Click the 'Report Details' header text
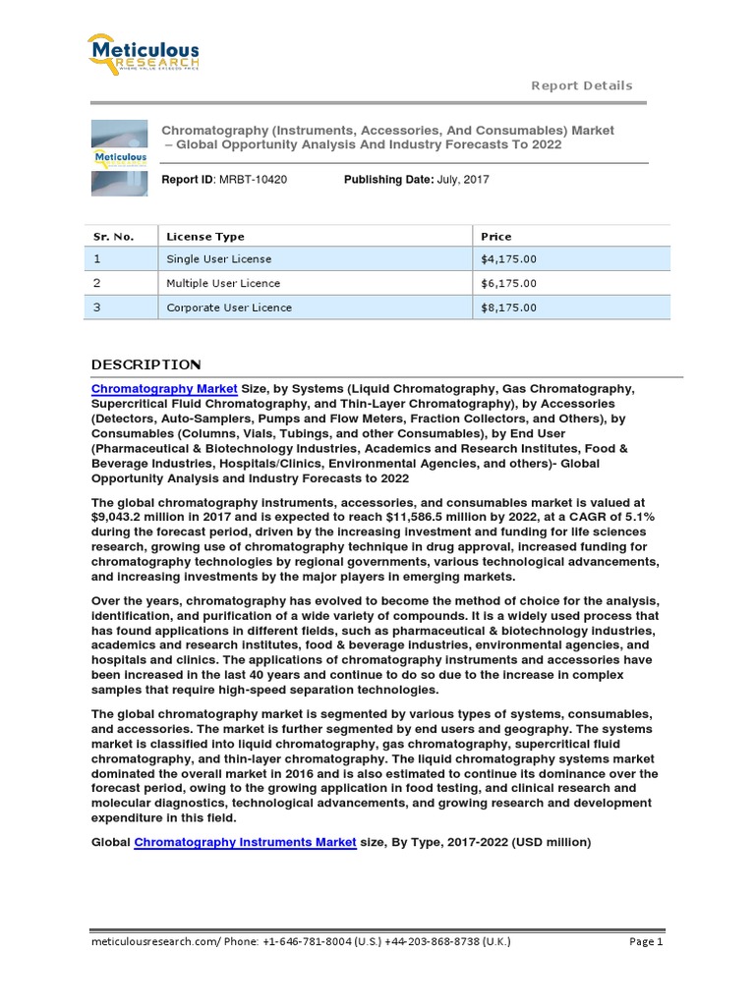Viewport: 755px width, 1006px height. click(x=581, y=85)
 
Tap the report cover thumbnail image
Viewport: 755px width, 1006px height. click(x=119, y=158)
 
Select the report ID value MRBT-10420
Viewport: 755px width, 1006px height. click(x=253, y=180)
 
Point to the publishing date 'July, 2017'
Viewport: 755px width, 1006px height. click(x=461, y=180)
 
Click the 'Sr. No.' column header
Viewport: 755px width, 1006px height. click(x=113, y=236)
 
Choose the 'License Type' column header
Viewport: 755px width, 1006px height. click(x=205, y=236)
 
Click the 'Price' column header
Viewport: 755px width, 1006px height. click(x=495, y=236)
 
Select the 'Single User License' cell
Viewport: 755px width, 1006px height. click(x=219, y=259)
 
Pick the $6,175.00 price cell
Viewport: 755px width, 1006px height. click(x=508, y=283)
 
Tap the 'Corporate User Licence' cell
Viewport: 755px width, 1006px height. click(x=229, y=307)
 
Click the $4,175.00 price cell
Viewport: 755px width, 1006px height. click(x=508, y=259)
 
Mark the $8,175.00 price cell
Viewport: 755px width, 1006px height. click(x=508, y=307)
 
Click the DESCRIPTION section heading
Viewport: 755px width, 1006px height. click(x=145, y=364)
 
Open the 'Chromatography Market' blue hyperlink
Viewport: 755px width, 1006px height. click(x=164, y=390)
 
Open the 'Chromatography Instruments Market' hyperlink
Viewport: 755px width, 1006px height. click(x=245, y=842)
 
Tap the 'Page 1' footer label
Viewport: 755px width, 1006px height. click(x=646, y=941)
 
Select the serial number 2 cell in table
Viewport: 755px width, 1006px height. click(x=97, y=283)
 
